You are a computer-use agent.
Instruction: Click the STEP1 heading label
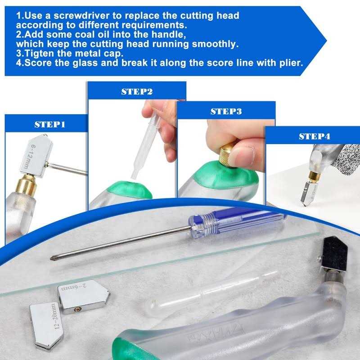(50, 124)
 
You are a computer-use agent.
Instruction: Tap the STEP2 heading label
(137, 91)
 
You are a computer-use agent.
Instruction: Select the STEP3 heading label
(226, 111)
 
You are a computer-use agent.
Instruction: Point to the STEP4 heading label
(314, 136)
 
